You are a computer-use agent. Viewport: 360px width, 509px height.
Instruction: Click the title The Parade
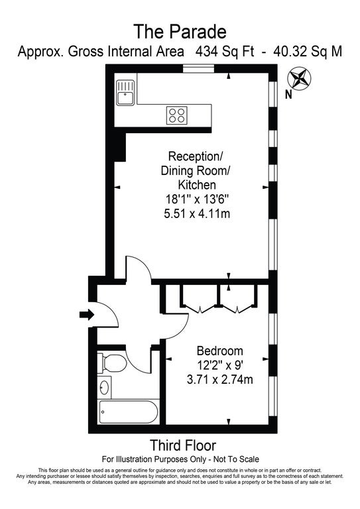pyautogui.click(x=180, y=32)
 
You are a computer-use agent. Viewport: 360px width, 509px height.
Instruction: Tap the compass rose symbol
pyautogui.click(x=299, y=78)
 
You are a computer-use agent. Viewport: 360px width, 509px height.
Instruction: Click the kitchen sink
pyautogui.click(x=125, y=93)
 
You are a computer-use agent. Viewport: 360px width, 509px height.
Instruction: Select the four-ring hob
pyautogui.click(x=177, y=115)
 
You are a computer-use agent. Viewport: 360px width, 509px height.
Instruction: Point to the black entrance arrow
pyautogui.click(x=87, y=314)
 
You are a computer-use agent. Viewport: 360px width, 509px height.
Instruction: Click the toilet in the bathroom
pyautogui.click(x=112, y=363)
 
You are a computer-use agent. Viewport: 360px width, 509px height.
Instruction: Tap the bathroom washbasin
pyautogui.click(x=104, y=388)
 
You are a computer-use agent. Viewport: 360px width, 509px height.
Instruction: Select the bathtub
pyautogui.click(x=129, y=412)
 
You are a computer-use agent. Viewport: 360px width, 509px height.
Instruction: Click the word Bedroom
pyautogui.click(x=219, y=351)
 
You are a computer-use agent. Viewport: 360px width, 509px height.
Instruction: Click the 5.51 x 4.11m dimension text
pyautogui.click(x=197, y=213)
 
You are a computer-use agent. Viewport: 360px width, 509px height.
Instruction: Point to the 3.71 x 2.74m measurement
pyautogui.click(x=219, y=379)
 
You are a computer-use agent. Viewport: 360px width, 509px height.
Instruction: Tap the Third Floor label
pyautogui.click(x=183, y=445)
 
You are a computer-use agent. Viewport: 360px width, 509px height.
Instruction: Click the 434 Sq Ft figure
pyautogui.click(x=225, y=52)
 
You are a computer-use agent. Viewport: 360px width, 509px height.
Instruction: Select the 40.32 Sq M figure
pyautogui.click(x=308, y=52)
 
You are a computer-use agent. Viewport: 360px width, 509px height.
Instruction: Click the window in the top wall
pyautogui.click(x=198, y=68)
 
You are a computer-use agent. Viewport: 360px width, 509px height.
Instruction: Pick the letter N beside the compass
pyautogui.click(x=288, y=95)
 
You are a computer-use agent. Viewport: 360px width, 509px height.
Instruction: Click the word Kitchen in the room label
pyautogui.click(x=197, y=185)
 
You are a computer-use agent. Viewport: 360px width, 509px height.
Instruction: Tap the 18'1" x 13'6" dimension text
pyautogui.click(x=197, y=199)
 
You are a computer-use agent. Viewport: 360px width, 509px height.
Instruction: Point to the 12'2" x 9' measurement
pyautogui.click(x=219, y=365)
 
